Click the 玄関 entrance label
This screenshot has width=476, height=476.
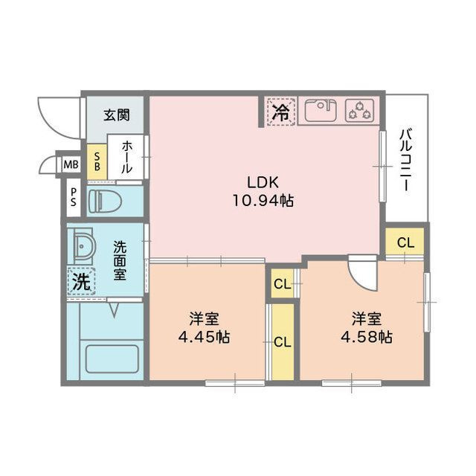point(117,115)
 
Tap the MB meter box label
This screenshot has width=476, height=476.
point(71,165)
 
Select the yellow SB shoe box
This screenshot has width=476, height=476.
point(97,161)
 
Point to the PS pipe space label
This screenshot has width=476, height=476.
point(73,197)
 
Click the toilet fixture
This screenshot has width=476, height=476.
point(105,201)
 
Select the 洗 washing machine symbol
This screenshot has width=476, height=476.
point(81,281)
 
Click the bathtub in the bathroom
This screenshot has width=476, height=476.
point(112,358)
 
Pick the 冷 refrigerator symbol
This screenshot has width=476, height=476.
point(281,112)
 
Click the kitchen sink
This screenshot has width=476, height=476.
point(321,111)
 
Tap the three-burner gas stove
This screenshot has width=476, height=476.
point(360,111)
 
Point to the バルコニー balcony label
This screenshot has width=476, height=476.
point(407,160)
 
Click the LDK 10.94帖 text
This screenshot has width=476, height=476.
point(263,191)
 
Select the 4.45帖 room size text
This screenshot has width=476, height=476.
point(204,337)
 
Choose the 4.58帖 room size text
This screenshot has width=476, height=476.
point(367,337)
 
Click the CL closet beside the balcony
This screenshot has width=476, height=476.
point(405,242)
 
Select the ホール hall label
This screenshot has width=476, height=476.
point(127,157)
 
